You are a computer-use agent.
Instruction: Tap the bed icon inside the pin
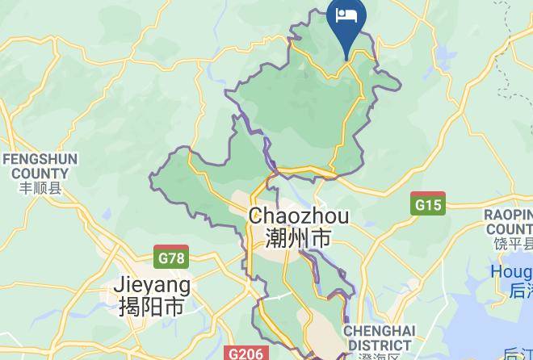(x=348, y=16)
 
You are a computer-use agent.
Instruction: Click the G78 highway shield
(x=171, y=257)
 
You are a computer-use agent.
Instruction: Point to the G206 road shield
(x=246, y=354)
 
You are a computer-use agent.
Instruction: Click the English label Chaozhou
(x=299, y=216)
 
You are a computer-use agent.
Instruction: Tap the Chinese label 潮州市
(x=299, y=238)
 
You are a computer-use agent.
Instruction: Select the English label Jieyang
(x=153, y=285)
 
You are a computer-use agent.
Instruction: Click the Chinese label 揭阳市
(x=152, y=307)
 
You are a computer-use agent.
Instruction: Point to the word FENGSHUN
(x=40, y=159)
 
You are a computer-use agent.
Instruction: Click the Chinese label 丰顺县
(x=40, y=189)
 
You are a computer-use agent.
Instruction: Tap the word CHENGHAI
(x=379, y=332)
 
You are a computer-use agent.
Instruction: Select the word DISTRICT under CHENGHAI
(x=379, y=345)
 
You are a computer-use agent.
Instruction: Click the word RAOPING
(x=509, y=215)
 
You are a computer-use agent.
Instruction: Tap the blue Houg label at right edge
(x=512, y=273)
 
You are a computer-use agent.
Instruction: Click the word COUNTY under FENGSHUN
(x=40, y=173)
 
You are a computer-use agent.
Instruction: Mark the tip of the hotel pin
(x=348, y=60)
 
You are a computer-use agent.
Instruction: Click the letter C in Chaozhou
(x=257, y=216)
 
